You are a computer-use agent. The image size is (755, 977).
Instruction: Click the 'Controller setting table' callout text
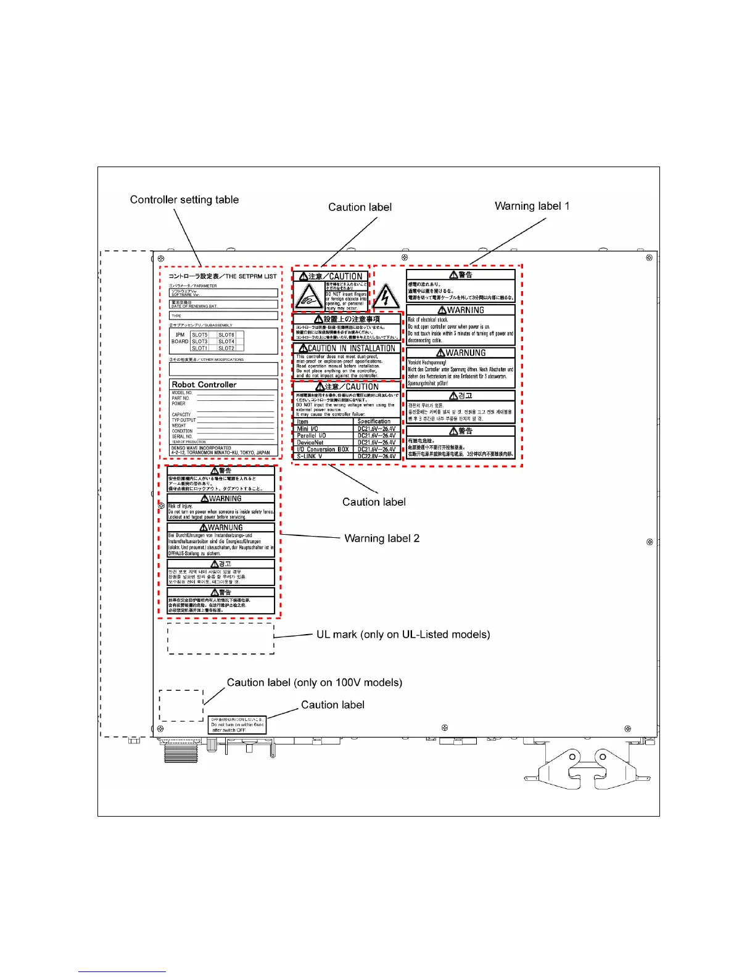pyautogui.click(x=184, y=200)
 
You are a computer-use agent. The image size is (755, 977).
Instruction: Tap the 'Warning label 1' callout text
pyautogui.click(x=532, y=206)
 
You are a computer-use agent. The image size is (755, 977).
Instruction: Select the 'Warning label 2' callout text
pyautogui.click(x=382, y=538)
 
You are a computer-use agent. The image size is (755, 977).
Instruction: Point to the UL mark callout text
pyautogui.click(x=403, y=635)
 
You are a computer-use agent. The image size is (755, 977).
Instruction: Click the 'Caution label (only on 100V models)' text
pyautogui.click(x=314, y=683)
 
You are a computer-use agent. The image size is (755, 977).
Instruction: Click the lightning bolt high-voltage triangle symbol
pyautogui.click(x=386, y=297)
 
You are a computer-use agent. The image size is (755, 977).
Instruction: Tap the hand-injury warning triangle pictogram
pyautogui.click(x=308, y=297)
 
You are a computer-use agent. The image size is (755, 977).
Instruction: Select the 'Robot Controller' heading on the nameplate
pyautogui.click(x=204, y=385)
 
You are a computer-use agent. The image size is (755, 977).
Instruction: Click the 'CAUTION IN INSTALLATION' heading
pyautogui.click(x=347, y=348)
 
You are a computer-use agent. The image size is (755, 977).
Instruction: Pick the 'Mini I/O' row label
pyautogui.click(x=308, y=429)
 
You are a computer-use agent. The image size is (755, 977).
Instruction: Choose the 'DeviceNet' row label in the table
pyautogui.click(x=310, y=442)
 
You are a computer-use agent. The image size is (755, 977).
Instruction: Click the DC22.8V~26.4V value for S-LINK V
pyautogui.click(x=376, y=456)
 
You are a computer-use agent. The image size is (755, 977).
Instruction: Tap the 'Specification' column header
pyautogui.click(x=374, y=422)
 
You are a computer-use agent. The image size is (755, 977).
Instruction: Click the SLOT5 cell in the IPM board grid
pyautogui.click(x=200, y=335)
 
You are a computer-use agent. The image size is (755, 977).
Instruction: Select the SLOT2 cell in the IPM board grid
pyautogui.click(x=226, y=348)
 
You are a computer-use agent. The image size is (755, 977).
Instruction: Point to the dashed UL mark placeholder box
pyautogui.click(x=221, y=638)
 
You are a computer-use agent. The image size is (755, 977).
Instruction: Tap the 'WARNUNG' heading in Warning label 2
pyautogui.click(x=221, y=528)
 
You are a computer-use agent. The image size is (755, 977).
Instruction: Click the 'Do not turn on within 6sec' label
pyautogui.click(x=237, y=725)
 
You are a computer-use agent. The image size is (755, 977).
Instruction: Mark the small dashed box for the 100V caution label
pyautogui.click(x=181, y=706)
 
